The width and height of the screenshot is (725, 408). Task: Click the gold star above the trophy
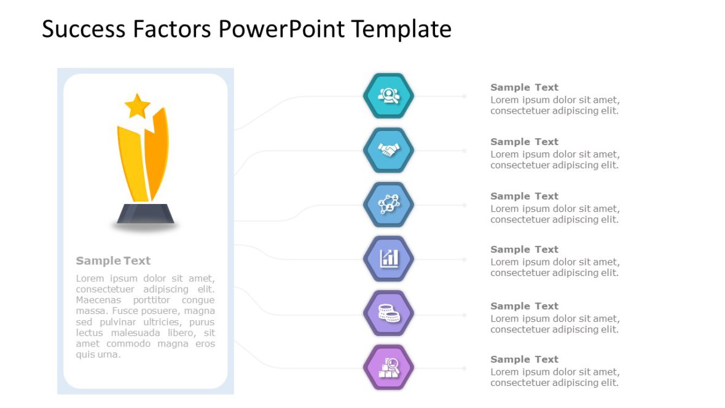(x=138, y=106)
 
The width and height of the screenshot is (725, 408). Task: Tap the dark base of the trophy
(x=145, y=214)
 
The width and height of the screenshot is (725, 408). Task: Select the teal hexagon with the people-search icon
(x=388, y=96)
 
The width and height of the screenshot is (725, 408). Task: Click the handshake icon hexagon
(x=388, y=151)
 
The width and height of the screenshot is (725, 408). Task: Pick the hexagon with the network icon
(x=388, y=205)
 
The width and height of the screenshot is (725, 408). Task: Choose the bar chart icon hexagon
(x=388, y=259)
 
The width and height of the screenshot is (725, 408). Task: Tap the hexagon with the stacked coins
(x=388, y=313)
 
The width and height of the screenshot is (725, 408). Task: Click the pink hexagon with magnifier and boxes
(x=388, y=367)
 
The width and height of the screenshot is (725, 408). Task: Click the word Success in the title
(x=84, y=29)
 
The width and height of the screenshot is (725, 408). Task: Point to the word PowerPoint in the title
(x=281, y=29)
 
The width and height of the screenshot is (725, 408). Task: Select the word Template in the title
(x=401, y=29)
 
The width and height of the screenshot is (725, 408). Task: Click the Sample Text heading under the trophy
(x=113, y=261)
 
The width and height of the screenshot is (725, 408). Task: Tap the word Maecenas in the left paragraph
(x=98, y=300)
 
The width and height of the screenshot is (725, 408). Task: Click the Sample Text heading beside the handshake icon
(x=524, y=141)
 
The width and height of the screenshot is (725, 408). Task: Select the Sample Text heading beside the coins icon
(x=524, y=306)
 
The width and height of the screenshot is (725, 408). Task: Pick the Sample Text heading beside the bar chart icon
(x=524, y=249)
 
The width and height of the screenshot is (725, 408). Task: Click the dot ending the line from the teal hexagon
(x=464, y=96)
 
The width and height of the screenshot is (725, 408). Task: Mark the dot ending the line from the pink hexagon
(x=464, y=368)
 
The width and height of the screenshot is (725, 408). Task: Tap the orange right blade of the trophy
(x=157, y=152)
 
